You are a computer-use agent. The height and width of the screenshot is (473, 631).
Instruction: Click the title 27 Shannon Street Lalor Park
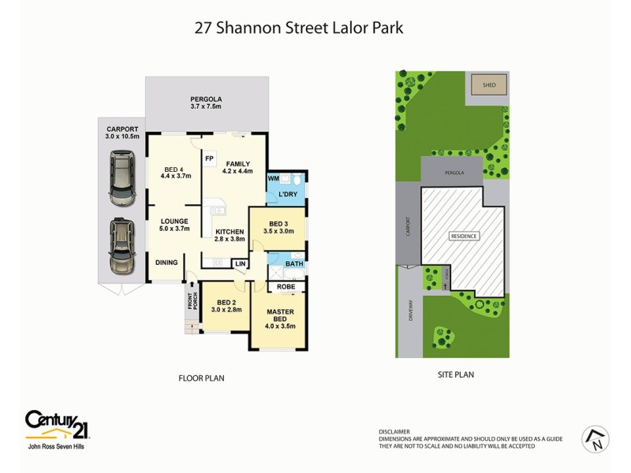pos(299,28)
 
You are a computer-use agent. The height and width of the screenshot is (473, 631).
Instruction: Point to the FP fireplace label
pos(209,158)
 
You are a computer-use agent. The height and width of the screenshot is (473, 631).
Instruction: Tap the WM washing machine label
pos(273,178)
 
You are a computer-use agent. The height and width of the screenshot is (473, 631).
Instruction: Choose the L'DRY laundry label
pos(287,194)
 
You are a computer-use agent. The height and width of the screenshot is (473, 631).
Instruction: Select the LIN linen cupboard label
pos(240,263)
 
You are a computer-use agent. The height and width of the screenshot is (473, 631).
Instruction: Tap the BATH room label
pos(294,264)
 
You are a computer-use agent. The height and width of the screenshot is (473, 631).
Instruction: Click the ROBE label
pos(285,287)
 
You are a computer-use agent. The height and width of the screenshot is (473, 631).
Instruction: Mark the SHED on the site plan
pos(489,85)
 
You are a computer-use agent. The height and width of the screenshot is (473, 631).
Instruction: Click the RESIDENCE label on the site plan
pos(464,236)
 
